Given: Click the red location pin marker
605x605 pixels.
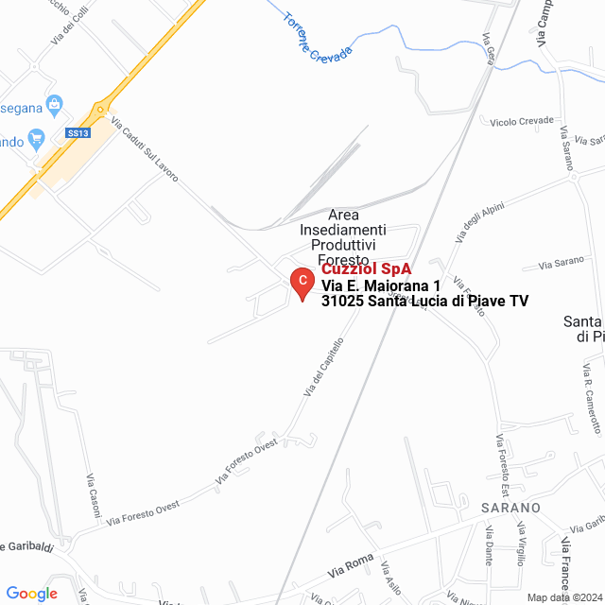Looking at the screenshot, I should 301,283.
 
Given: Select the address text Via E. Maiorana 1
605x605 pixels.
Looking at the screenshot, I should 381,285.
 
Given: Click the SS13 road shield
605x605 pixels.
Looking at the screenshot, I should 78,134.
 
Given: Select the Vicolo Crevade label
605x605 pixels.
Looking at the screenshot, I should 521,122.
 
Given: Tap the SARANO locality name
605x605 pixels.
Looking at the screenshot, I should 510,508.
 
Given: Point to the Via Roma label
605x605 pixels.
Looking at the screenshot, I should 352,566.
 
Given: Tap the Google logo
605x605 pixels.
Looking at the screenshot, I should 31,594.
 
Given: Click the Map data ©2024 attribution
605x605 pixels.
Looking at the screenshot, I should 563,597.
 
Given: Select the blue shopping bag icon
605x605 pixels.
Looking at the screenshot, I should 55,103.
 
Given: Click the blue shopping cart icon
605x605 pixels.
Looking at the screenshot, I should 37,138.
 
